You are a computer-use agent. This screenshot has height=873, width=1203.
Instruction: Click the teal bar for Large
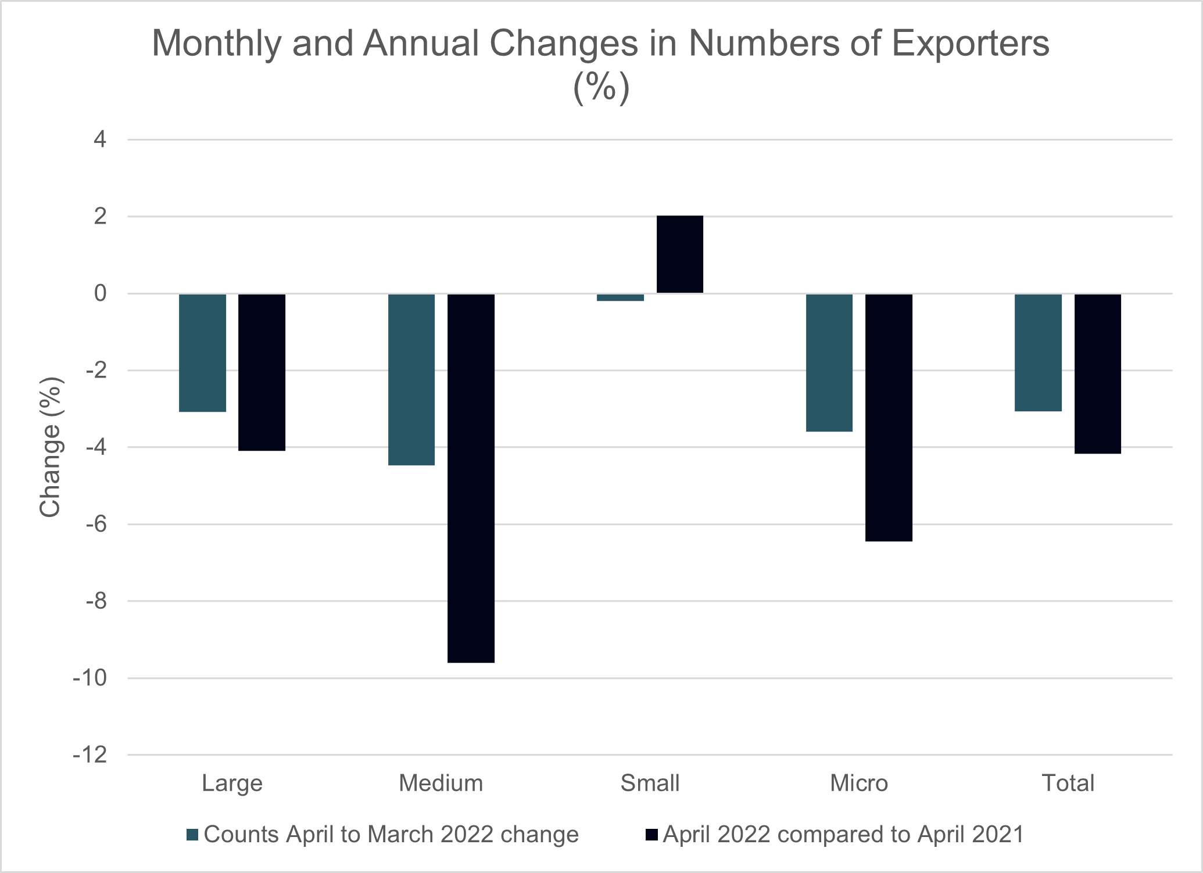click(202, 353)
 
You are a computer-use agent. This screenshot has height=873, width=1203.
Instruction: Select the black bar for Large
click(262, 372)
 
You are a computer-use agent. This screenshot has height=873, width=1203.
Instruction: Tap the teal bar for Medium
click(411, 379)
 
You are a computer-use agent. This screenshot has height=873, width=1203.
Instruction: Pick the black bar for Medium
click(471, 477)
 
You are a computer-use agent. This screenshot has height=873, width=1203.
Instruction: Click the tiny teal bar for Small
click(620, 297)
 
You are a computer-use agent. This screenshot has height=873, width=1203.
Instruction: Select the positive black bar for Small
click(679, 254)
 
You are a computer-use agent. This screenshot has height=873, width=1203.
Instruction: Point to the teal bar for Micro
click(829, 362)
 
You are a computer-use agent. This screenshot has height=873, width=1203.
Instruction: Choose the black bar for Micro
click(889, 417)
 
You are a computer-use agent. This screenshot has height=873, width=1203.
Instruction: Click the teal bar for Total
click(1038, 353)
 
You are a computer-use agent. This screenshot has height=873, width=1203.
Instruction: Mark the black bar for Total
click(1097, 373)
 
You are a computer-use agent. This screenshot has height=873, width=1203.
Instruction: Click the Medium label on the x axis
click(441, 784)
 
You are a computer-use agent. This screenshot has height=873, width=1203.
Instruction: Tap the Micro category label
click(858, 784)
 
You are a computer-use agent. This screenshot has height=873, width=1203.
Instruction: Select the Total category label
click(1068, 784)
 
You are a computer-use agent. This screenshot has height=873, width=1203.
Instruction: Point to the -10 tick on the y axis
click(90, 678)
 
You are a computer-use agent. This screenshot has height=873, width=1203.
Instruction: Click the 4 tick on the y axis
click(101, 139)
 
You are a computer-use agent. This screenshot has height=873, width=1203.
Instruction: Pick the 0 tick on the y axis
click(101, 293)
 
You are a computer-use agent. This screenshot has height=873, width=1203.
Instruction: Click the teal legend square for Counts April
click(192, 835)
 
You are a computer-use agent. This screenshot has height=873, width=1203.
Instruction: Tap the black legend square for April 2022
click(651, 835)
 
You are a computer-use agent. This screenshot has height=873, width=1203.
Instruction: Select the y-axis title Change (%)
click(51, 447)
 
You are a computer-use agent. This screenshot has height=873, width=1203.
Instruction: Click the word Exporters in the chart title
click(970, 43)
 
